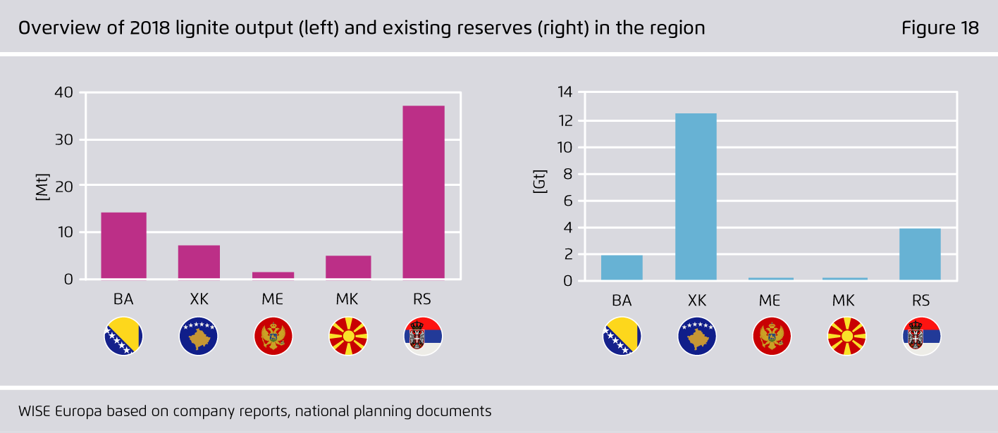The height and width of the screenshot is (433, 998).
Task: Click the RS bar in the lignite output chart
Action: (x=424, y=193)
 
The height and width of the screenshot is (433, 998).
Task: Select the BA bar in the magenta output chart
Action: (x=124, y=246)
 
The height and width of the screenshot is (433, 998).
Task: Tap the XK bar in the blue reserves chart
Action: (x=696, y=196)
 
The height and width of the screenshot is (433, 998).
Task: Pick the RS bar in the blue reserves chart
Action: (x=920, y=254)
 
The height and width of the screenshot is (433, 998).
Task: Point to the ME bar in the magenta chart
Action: (x=273, y=276)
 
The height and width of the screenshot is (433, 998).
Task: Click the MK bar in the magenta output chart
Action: (x=348, y=268)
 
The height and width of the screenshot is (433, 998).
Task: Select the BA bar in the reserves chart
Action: (x=622, y=268)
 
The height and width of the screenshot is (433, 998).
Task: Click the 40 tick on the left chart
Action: (x=63, y=92)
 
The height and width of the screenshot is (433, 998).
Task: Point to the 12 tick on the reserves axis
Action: (x=565, y=120)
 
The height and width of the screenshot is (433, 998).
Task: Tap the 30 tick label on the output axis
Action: (x=63, y=139)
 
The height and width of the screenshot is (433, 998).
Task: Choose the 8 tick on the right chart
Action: (x=567, y=174)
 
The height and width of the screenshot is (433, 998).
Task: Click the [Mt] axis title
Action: (x=42, y=187)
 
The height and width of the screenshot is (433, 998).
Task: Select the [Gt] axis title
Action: (x=540, y=181)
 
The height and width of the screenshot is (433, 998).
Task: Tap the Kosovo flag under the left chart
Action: (x=198, y=336)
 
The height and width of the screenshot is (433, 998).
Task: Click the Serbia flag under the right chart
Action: (x=921, y=336)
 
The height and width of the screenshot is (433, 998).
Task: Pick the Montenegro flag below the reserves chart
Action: (x=772, y=336)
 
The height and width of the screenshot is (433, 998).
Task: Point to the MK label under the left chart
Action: (x=347, y=299)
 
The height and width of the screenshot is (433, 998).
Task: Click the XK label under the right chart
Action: (x=697, y=301)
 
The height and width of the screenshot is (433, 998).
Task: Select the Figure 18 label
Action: (x=940, y=28)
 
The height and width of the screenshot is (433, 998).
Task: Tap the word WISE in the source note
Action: (x=35, y=410)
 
